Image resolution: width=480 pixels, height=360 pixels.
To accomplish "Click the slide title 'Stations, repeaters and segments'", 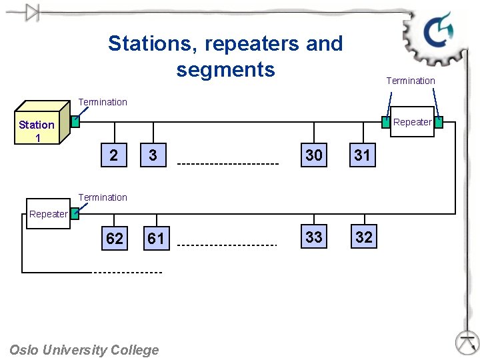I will pyautogui.click(x=225, y=56).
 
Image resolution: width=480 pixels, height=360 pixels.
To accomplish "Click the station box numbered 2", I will pyautogui.click(x=115, y=156).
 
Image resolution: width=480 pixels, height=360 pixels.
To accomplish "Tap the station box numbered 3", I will pyautogui.click(x=153, y=156).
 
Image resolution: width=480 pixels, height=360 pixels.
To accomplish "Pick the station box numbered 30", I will pyautogui.click(x=313, y=155).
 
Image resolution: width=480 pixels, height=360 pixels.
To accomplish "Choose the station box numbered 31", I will pyautogui.click(x=362, y=155).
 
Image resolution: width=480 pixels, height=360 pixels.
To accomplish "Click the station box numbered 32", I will pyautogui.click(x=363, y=237).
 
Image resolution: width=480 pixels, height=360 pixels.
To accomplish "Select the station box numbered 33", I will pyautogui.click(x=313, y=237).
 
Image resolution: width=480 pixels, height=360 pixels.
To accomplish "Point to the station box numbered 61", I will pyautogui.click(x=155, y=238).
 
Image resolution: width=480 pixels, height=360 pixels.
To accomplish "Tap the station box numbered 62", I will pyautogui.click(x=115, y=238).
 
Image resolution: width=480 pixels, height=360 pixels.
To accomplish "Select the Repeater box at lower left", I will pyautogui.click(x=48, y=215).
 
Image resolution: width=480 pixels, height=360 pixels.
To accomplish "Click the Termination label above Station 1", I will pyautogui.click(x=103, y=102).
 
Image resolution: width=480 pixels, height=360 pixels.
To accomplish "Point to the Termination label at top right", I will pyautogui.click(x=411, y=81).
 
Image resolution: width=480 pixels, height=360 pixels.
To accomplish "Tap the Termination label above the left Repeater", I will pyautogui.click(x=103, y=197).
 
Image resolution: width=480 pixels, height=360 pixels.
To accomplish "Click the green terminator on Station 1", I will pyautogui.click(x=75, y=121).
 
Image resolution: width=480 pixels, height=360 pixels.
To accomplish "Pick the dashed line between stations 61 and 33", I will pyautogui.click(x=228, y=245).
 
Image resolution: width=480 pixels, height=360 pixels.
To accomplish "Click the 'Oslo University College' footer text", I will pyautogui.click(x=84, y=350).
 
